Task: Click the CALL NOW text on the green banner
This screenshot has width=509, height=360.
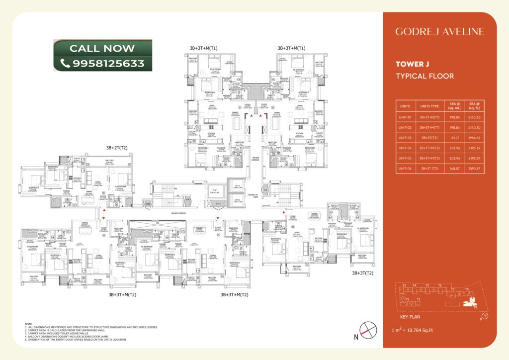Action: [102, 48]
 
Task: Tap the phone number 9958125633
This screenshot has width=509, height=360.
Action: [108, 63]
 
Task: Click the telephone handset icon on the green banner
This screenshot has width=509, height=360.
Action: [65, 63]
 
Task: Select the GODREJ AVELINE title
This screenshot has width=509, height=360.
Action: [439, 31]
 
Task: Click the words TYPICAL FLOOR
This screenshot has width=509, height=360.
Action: [424, 76]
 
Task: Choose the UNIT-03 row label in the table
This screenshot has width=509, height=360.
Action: [406, 137]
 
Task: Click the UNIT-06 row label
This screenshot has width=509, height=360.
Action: [406, 169]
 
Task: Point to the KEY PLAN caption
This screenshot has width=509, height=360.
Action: [411, 316]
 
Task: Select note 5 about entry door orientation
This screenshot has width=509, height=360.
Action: [75, 339]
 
